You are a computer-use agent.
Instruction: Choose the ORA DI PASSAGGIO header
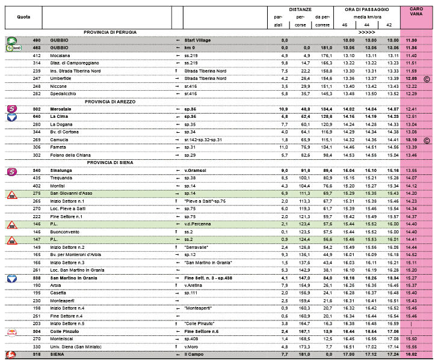(367, 10)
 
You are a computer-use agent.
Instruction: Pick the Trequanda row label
(62, 178)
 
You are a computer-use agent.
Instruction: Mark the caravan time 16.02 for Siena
(412, 355)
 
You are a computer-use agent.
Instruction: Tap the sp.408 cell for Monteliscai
(191, 339)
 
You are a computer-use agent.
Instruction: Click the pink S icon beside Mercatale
(11, 109)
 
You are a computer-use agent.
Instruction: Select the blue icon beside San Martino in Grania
(11, 278)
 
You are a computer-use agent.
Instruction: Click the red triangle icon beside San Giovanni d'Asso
(11, 194)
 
